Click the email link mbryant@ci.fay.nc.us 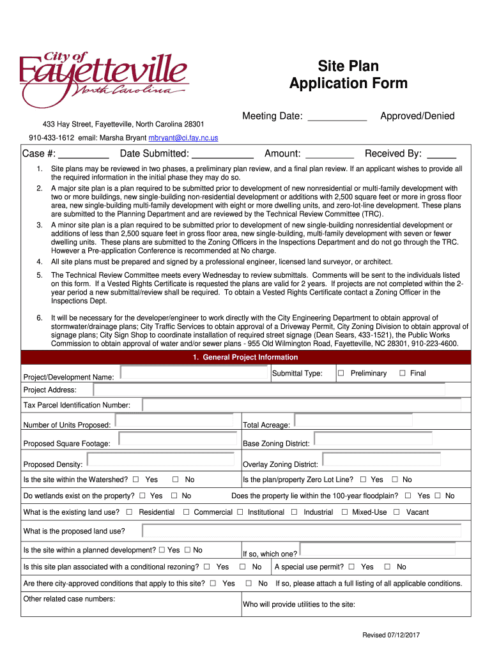[x=183, y=138]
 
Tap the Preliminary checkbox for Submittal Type [x=341, y=374]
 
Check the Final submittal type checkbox [x=403, y=374]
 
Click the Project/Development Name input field [x=194, y=373]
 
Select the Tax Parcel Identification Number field [x=301, y=405]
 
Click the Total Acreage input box [x=355, y=421]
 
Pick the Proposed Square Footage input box [x=176, y=439]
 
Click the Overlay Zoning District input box [x=381, y=460]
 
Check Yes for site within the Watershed [x=135, y=480]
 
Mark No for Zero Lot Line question [x=395, y=480]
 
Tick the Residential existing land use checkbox [x=130, y=512]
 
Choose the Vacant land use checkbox [x=397, y=512]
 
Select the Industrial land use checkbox [x=295, y=512]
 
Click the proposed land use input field [x=301, y=531]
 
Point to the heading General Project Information [x=246, y=358]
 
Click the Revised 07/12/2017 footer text [x=390, y=635]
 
